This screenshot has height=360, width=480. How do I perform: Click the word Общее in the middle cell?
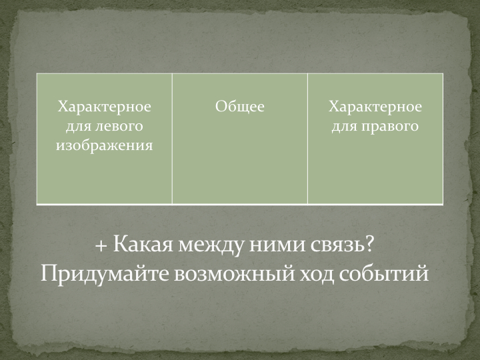pos(240,107)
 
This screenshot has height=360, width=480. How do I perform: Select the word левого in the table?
pos(119,126)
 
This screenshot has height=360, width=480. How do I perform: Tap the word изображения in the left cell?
pos(105,145)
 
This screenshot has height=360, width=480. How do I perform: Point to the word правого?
pos(390,127)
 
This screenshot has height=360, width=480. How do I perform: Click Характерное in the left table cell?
pos(105,107)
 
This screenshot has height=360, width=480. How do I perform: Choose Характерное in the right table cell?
pos(375,107)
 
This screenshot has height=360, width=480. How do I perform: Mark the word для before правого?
pos(345,127)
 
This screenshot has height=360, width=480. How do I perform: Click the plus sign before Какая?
pos(101,245)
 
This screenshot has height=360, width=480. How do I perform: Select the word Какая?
pos(143,244)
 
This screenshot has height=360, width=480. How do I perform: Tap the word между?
pos(211,245)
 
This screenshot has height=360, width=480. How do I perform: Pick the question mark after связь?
pos(369,244)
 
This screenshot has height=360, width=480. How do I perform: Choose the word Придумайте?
pos(105,273)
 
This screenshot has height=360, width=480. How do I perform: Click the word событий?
pos(383,274)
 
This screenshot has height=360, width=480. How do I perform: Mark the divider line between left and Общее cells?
pos(172,139)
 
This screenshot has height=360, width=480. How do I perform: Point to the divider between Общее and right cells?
pos(307,139)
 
